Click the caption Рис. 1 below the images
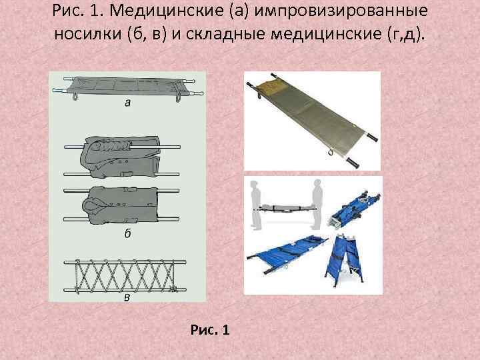(x=210, y=329)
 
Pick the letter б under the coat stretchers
(x=127, y=233)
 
